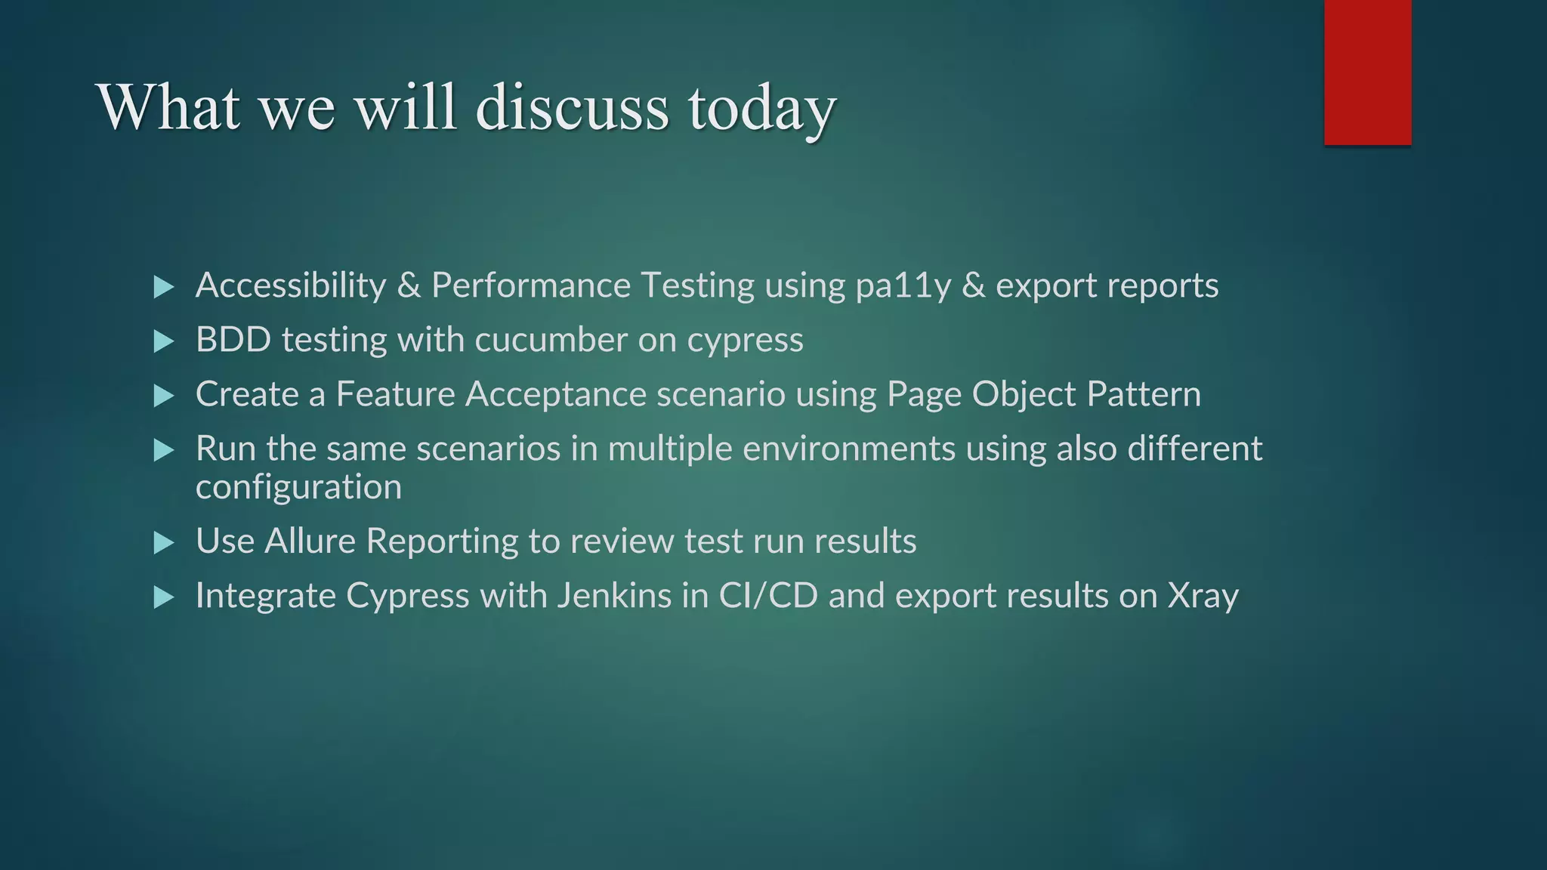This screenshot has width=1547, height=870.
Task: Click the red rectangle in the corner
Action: (x=1367, y=72)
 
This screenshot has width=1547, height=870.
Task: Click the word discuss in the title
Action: (x=572, y=107)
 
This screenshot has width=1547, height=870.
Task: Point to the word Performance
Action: (x=530, y=285)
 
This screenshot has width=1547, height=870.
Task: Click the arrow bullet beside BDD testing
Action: (x=164, y=341)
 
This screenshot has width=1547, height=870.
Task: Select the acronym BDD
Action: (x=233, y=340)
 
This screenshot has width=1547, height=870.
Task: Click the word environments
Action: (x=849, y=449)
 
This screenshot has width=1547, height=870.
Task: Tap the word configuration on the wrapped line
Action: (x=298, y=487)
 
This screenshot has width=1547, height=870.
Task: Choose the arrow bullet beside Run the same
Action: (x=164, y=451)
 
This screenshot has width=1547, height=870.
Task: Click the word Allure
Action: (x=310, y=541)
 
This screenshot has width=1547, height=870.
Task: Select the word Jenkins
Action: (x=614, y=595)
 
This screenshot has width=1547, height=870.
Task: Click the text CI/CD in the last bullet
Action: (x=768, y=595)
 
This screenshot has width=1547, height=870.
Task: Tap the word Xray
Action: (x=1203, y=597)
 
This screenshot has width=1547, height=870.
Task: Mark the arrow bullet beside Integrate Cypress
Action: (x=164, y=598)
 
